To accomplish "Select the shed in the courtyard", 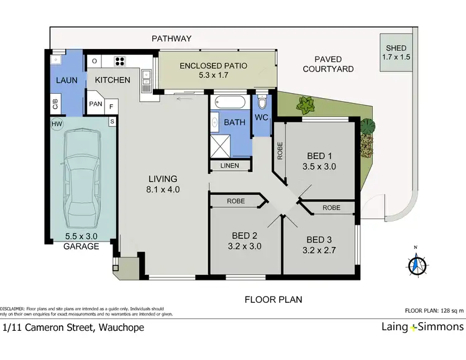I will (396, 52).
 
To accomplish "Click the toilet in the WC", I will (262, 101).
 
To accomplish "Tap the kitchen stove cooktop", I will (119, 61).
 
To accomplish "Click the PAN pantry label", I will (96, 105).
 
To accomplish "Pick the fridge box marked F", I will (112, 106).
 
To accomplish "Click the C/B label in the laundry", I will (55, 104).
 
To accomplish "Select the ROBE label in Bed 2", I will (237, 201).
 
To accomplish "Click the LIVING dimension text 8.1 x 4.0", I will (162, 190).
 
